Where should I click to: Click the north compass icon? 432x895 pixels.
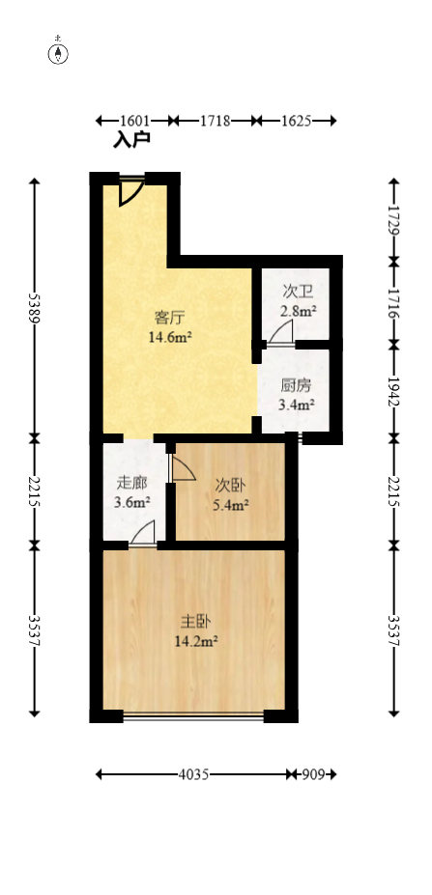(x=60, y=52)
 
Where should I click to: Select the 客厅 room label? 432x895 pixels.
(x=169, y=317)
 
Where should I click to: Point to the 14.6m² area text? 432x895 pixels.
(x=169, y=337)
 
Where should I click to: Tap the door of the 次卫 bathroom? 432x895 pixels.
(x=281, y=334)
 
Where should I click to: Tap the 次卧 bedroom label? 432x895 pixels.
(x=230, y=483)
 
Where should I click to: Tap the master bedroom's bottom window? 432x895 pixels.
(x=193, y=716)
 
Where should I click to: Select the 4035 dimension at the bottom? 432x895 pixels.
(x=194, y=774)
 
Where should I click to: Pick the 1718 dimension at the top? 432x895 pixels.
(x=215, y=121)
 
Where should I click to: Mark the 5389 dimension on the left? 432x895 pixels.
(x=35, y=308)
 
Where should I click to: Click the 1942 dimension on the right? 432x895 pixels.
(x=393, y=390)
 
